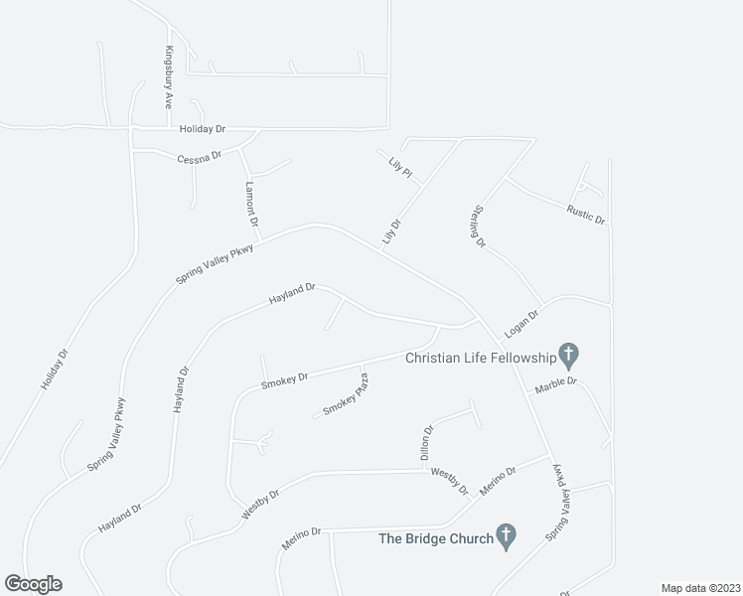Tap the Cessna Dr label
click(199, 158)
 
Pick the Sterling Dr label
click(478, 226)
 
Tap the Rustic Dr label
click(585, 213)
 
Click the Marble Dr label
click(555, 388)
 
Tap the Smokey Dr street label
click(284, 380)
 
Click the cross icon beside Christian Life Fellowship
click(569, 354)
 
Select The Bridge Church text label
click(435, 539)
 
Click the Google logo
click(33, 583)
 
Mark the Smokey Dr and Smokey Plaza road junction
click(359, 367)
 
